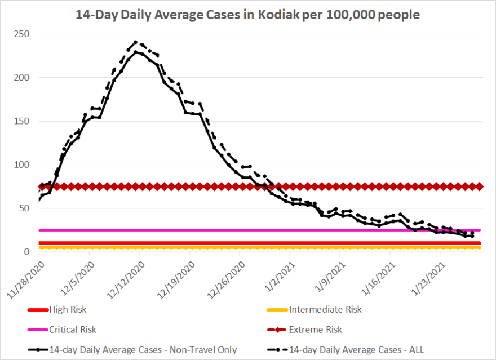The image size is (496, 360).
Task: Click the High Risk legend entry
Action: tap(68, 309)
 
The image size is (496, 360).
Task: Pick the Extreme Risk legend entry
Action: tap(315, 330)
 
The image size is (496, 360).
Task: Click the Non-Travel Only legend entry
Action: tap(143, 350)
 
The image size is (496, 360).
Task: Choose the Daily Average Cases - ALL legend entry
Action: tap(356, 350)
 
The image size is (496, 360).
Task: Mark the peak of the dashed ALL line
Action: tap(135, 42)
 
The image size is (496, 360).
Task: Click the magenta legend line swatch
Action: tap(37, 330)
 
